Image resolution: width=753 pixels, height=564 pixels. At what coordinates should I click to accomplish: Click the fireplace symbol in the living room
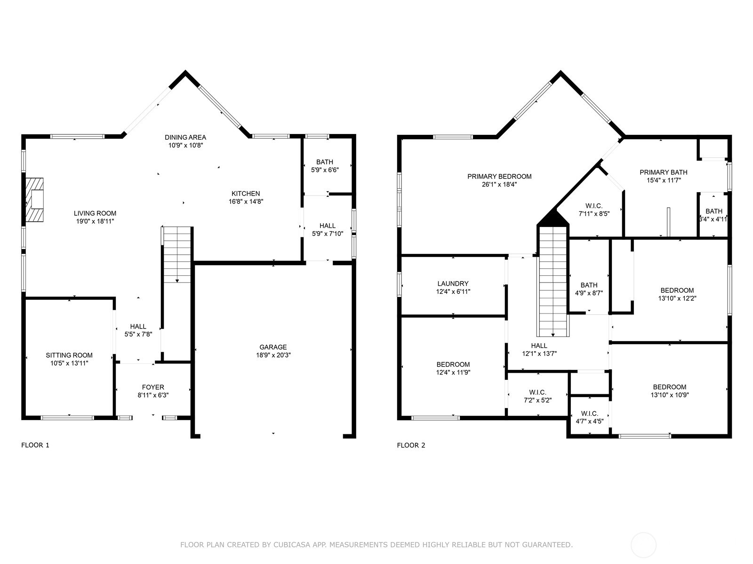tap(34, 200)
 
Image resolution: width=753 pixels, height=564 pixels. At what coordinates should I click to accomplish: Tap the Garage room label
tap(273, 347)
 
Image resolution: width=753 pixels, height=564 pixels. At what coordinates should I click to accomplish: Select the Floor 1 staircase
tap(177, 254)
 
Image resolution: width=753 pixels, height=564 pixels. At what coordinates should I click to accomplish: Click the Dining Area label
tap(185, 137)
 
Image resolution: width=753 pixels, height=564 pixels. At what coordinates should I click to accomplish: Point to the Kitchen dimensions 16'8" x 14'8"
tap(245, 202)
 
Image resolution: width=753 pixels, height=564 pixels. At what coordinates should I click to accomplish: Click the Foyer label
tap(153, 387)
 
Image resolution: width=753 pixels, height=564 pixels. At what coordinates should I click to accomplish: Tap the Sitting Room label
tap(69, 355)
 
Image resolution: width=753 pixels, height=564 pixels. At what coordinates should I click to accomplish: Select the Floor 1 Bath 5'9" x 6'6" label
tap(325, 162)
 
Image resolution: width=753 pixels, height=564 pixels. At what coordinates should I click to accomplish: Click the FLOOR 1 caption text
tap(35, 445)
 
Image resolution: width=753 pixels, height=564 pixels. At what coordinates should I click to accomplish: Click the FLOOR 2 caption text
tap(411, 445)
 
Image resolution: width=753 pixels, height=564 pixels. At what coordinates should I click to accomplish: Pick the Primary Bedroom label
tap(499, 177)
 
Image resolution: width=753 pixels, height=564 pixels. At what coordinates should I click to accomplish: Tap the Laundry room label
tap(453, 283)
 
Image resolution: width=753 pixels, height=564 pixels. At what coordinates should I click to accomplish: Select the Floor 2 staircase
tap(553, 282)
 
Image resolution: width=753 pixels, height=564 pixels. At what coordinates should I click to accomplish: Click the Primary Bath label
tap(663, 172)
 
